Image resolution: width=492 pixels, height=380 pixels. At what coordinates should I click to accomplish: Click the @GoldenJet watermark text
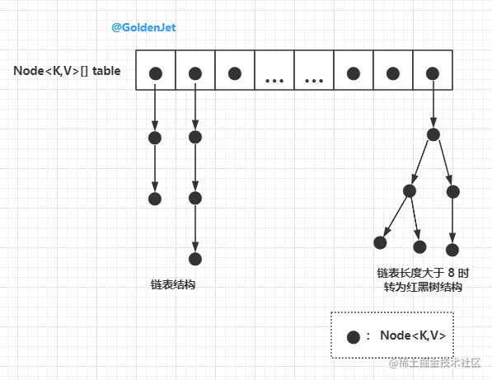coord(143,27)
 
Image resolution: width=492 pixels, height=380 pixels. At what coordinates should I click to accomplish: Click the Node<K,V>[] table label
coord(67,71)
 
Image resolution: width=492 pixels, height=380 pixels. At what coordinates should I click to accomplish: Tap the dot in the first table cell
coord(156,73)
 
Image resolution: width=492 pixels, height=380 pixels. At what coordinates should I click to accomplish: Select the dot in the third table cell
coord(235,73)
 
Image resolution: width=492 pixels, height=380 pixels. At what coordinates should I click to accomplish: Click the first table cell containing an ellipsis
coord(274,70)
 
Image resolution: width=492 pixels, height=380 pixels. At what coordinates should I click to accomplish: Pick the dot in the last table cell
coord(433,73)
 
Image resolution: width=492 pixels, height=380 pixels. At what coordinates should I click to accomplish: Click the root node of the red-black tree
coord(433,134)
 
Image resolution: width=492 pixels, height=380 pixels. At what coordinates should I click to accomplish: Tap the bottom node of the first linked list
coord(155,199)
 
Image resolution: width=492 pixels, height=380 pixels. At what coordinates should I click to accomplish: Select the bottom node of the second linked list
coord(195,259)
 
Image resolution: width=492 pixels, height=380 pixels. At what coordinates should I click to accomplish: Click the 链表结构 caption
coord(173,284)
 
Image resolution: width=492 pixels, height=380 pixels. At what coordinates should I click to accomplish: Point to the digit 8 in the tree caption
coord(452,273)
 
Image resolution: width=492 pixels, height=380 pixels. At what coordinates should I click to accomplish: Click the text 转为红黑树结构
coord(423,287)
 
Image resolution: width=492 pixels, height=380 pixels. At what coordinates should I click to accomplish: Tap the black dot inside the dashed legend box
coord(354,337)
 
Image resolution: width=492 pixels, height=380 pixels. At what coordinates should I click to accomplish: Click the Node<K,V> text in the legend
coord(413,335)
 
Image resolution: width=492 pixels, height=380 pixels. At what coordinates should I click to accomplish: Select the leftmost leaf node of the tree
coord(380,242)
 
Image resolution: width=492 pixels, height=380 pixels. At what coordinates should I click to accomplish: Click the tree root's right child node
coord(452,192)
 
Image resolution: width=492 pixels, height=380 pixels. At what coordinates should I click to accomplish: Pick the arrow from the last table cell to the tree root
coord(433,104)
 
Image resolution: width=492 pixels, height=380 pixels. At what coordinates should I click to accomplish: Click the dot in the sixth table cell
coord(354,73)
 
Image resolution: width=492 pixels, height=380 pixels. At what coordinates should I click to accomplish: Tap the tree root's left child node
coord(410,191)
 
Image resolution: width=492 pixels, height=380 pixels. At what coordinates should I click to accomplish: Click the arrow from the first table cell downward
coord(155,106)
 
